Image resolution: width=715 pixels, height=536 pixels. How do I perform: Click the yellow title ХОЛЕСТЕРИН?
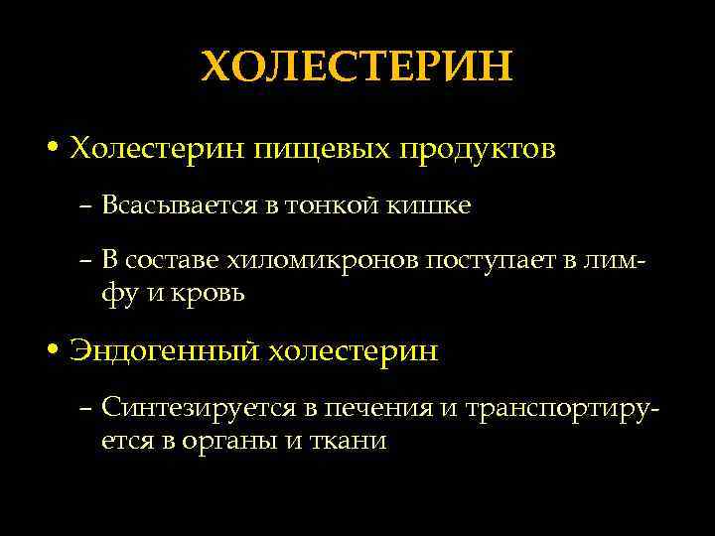(357, 67)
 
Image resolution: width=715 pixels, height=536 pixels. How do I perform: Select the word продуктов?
(478, 150)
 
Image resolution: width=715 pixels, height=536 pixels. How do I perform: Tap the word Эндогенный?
(165, 351)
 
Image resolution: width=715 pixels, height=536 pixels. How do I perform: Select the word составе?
(175, 260)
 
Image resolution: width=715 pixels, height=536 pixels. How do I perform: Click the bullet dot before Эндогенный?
(51, 351)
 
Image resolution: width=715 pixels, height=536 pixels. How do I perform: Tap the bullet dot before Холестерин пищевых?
(51, 150)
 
